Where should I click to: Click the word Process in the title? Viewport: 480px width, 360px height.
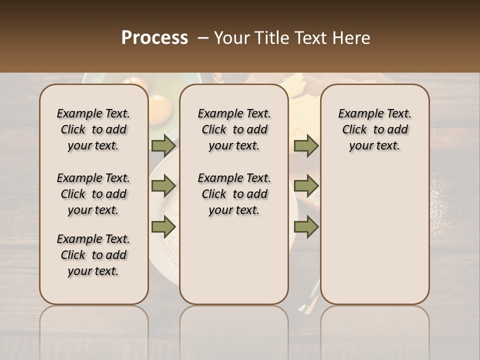click(x=154, y=38)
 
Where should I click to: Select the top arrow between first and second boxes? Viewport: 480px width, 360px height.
click(x=163, y=145)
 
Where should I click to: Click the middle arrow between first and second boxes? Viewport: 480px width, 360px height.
click(x=163, y=186)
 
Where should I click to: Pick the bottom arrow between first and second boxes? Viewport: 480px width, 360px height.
click(x=163, y=226)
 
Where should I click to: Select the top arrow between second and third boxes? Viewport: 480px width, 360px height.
click(x=306, y=145)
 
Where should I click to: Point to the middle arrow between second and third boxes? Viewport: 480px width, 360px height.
click(x=306, y=186)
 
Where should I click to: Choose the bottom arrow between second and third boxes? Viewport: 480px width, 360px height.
click(x=306, y=226)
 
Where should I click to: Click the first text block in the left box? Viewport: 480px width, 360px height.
click(x=93, y=129)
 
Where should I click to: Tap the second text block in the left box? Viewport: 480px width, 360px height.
click(x=93, y=194)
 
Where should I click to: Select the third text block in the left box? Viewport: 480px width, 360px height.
click(x=93, y=255)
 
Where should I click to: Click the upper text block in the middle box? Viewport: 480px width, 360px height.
click(x=234, y=129)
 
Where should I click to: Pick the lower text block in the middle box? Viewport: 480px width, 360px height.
click(x=234, y=194)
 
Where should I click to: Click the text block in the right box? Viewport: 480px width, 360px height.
click(x=375, y=129)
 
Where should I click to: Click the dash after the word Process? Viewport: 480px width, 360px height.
click(x=202, y=38)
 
